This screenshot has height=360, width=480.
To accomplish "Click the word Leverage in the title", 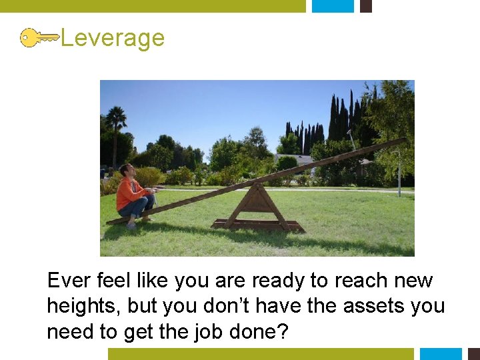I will coord(112,38).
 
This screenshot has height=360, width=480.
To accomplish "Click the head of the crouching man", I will coord(126,171).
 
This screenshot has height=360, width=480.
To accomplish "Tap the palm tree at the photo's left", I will coord(117,123).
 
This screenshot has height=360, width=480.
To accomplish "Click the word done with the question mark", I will coord(263,331).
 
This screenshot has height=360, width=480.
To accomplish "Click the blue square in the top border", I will coord(333,6).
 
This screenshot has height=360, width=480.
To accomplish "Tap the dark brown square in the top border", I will coord(365,6).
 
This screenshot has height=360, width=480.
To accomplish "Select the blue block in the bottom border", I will coord(441,353).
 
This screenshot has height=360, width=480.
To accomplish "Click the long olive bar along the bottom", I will coord(261,353).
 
